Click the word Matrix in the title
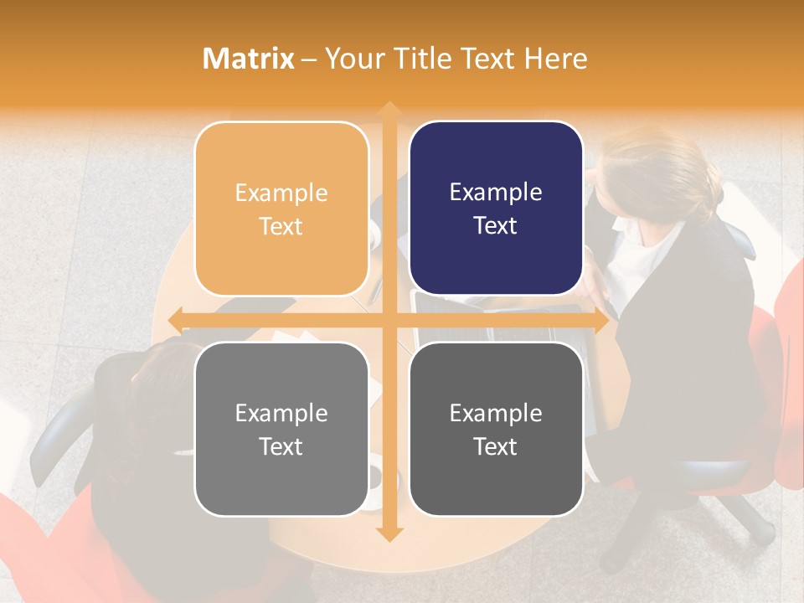pos(249,58)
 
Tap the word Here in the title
pos(555,58)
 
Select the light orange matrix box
pos(281,209)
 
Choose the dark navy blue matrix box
pos(496,209)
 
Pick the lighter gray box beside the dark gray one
pos(281,429)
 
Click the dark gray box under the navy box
pos(496,429)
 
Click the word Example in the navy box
pos(496,192)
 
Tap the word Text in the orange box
pos(281,226)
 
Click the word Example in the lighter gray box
pos(281,413)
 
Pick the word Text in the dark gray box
pos(496,446)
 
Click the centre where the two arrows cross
pos(389,320)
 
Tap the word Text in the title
pos(484,58)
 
